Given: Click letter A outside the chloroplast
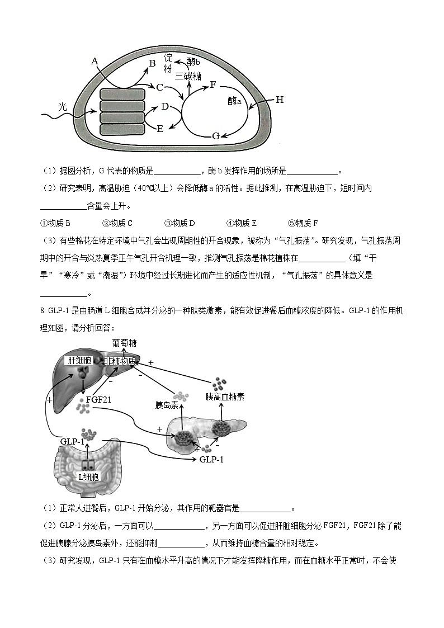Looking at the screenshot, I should point(95,61).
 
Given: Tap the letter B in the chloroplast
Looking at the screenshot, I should point(152,64).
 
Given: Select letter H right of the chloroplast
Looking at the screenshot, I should point(279,100).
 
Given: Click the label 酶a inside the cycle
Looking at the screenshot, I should point(234,101).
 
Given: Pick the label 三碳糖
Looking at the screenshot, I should point(188,76).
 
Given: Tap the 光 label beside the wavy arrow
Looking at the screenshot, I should point(63,106).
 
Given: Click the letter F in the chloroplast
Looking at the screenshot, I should point(212,84).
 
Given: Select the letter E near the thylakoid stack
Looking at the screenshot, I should point(159,129).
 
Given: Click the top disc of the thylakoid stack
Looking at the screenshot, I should point(122,93).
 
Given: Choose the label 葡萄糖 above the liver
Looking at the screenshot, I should point(124,343).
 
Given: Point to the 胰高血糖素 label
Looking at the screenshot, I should point(225,397).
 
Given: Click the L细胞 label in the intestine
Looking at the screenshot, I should point(88,477).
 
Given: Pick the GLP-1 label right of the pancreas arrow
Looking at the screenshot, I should point(211,459).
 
